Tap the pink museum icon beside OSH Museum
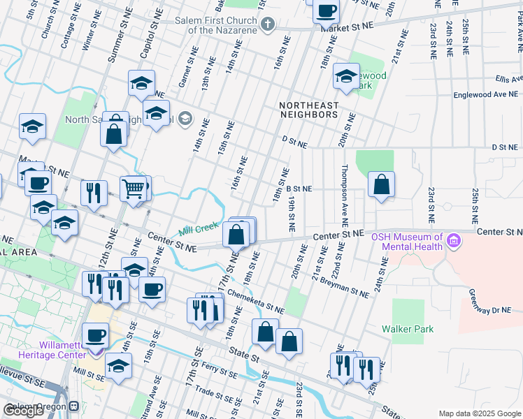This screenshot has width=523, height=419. point(454,242)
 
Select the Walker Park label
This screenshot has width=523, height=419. point(408,329)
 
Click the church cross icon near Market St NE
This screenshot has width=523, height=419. point(267,26)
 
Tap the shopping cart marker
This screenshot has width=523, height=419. point(133,188)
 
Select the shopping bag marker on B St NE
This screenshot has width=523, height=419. point(381,185)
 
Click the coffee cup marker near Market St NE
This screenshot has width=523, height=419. point(326,11)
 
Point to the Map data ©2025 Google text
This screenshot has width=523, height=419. point(479,413)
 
